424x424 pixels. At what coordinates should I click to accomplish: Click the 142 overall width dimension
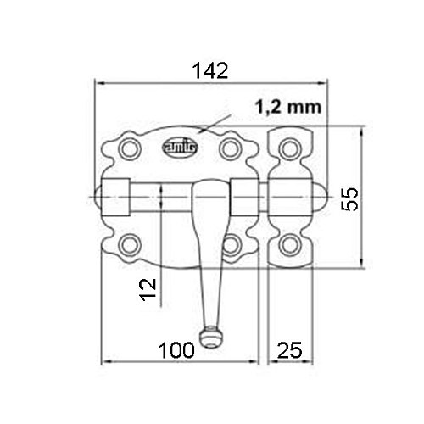coord(210,70)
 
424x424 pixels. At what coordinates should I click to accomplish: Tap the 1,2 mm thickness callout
coord(288,107)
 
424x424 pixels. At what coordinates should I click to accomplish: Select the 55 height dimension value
coord(349,199)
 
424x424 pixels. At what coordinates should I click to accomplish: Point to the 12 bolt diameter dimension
coord(148,289)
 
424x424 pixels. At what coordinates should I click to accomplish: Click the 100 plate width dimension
coord(176,350)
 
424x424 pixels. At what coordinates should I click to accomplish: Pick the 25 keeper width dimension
coord(290,350)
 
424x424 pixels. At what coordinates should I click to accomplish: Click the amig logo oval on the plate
coord(180,148)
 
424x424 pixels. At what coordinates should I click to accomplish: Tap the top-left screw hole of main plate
coord(130,149)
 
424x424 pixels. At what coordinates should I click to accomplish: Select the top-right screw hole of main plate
coord(231,149)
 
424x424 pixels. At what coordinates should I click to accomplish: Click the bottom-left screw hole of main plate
coord(130,245)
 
